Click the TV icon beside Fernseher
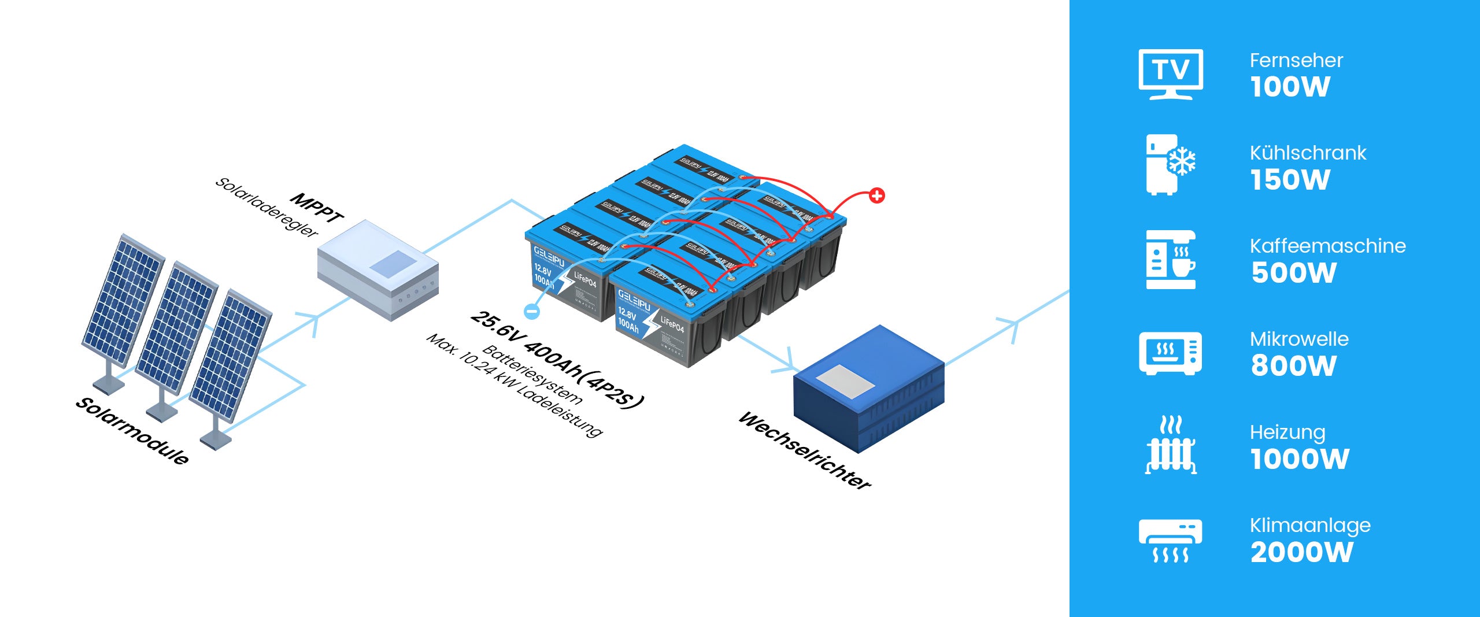click(x=1170, y=74)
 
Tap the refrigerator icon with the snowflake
click(x=1170, y=164)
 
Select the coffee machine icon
click(x=1170, y=259)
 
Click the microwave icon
click(x=1170, y=353)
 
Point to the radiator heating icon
click(x=1171, y=445)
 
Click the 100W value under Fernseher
click(x=1290, y=87)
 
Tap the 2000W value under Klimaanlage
click(x=1301, y=552)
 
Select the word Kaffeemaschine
click(x=1327, y=246)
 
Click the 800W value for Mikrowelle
click(x=1293, y=366)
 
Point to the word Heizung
click(x=1287, y=432)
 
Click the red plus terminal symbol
click(x=876, y=195)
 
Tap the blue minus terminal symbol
click(x=532, y=311)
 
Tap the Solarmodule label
click(x=132, y=431)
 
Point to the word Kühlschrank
click(x=1308, y=153)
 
